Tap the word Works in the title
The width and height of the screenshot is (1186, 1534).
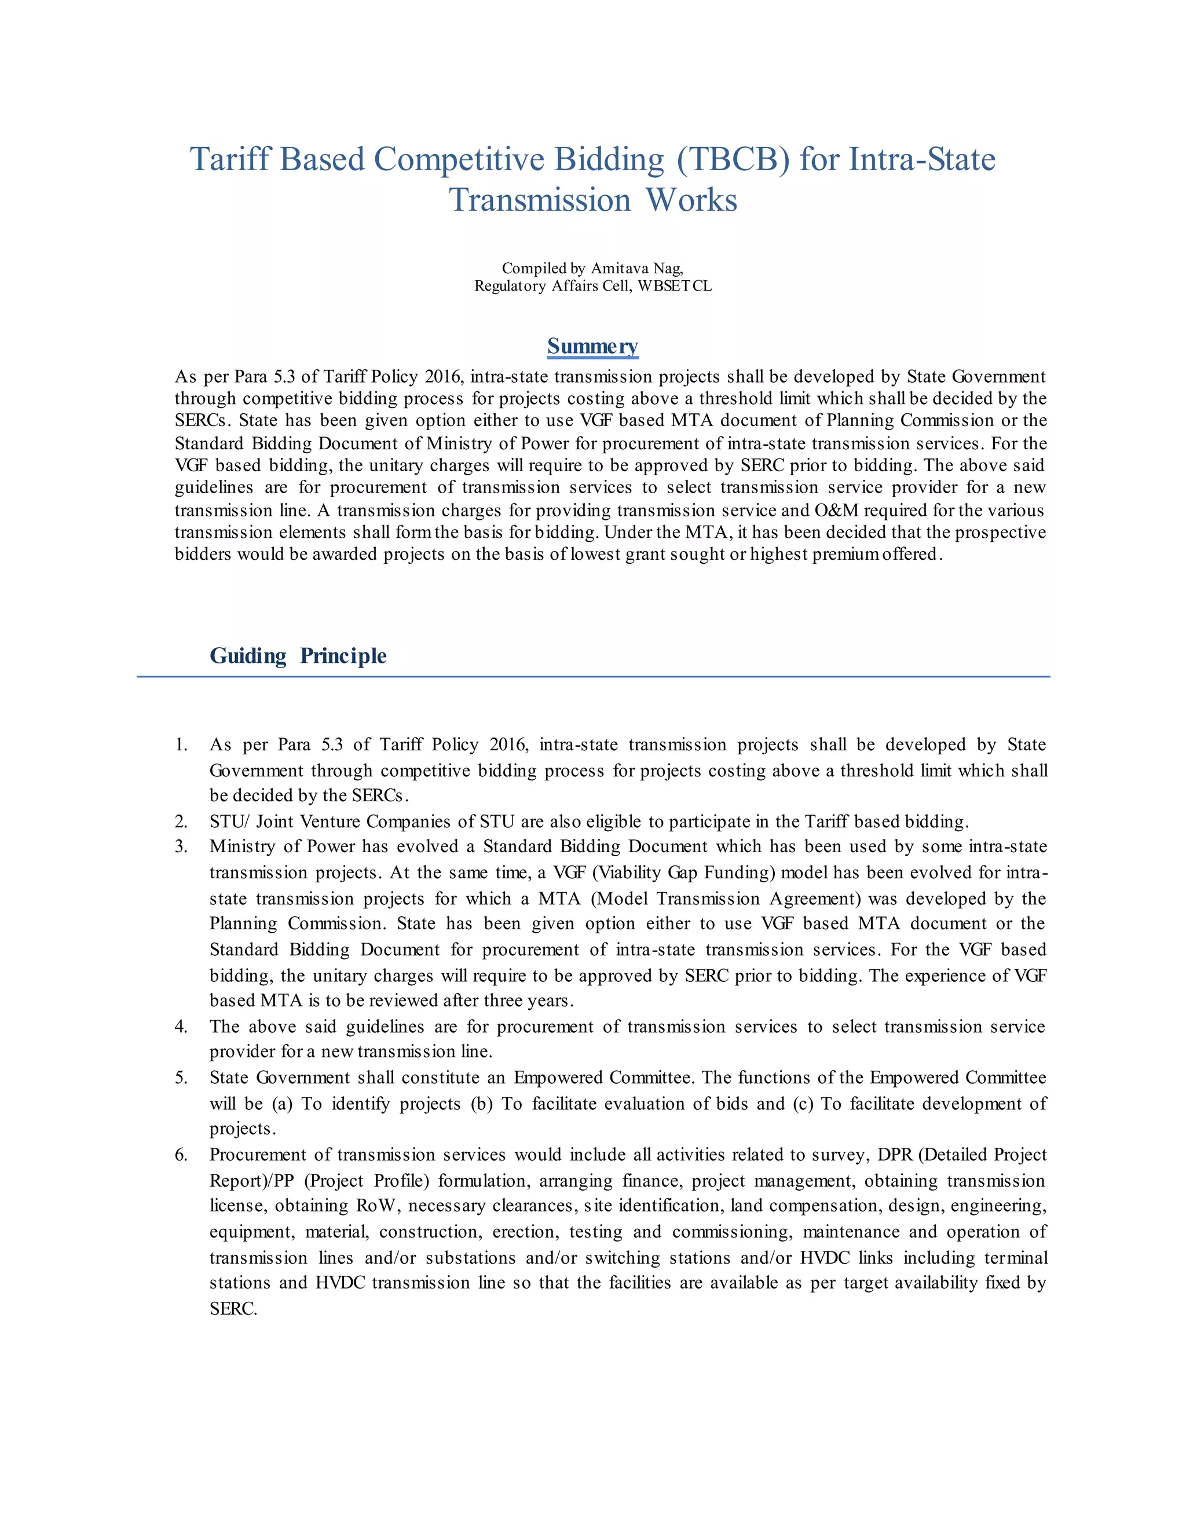[x=691, y=200]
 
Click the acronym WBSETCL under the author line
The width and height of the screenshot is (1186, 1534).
[x=675, y=286]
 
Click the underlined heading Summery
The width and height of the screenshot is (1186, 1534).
[x=592, y=346]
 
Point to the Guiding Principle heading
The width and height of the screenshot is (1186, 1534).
[x=298, y=655]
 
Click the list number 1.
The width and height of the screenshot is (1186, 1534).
[x=181, y=744]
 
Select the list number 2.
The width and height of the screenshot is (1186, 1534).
[x=181, y=822]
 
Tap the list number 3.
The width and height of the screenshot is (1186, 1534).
[x=181, y=846]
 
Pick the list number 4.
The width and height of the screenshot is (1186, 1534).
[x=181, y=1027]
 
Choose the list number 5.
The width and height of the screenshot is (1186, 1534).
[x=181, y=1077]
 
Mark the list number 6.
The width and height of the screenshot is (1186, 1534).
[x=181, y=1155]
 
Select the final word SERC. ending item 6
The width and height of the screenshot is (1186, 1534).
[x=233, y=1309]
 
